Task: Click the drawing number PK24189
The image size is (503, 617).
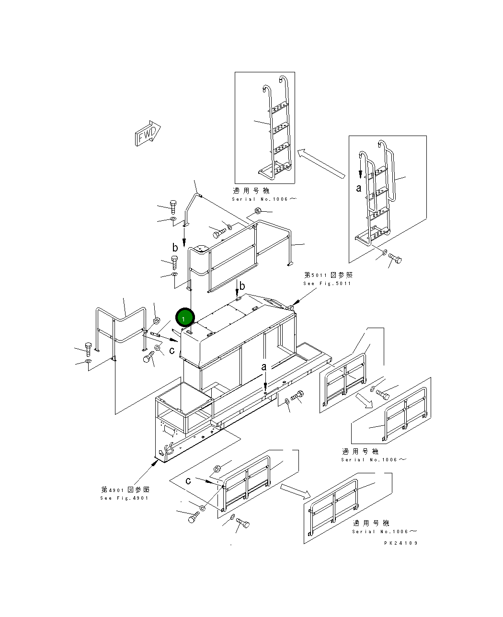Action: click(x=401, y=543)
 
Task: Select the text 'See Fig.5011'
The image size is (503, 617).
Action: click(x=327, y=284)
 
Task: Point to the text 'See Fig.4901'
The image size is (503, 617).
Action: click(x=125, y=498)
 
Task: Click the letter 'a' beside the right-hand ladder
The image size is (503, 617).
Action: click(x=359, y=188)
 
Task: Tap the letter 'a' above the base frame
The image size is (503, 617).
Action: click(x=263, y=367)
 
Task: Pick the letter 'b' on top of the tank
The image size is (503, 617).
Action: click(x=242, y=286)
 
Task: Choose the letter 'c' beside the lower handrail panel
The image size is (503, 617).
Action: click(x=188, y=480)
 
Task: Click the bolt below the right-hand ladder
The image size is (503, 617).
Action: click(x=395, y=259)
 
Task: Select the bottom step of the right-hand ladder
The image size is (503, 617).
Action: click(x=370, y=236)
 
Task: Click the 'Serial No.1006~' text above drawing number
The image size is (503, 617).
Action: click(x=385, y=532)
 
